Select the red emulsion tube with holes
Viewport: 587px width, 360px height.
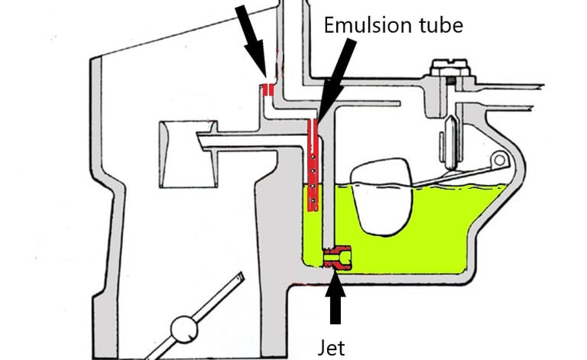(312, 164)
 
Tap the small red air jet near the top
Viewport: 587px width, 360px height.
(268, 90)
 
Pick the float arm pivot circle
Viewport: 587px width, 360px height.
(500, 160)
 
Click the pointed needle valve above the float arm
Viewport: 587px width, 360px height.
(446, 141)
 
